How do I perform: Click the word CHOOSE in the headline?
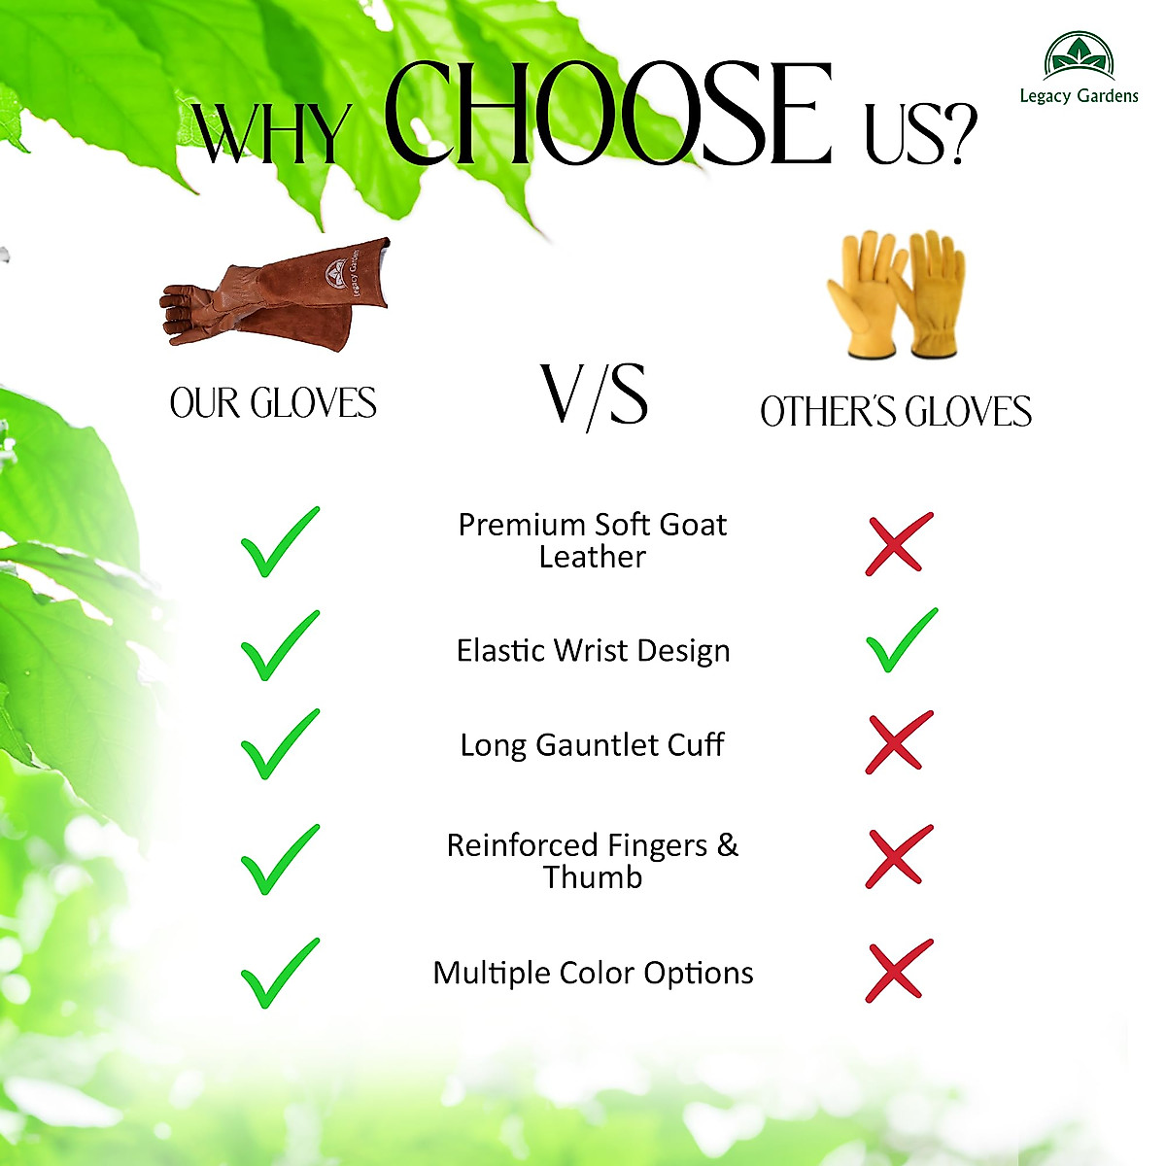pyautogui.click(x=607, y=114)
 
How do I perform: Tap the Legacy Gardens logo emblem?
pyautogui.click(x=1079, y=56)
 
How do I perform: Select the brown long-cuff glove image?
pyautogui.click(x=275, y=294)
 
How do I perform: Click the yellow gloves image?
pyautogui.click(x=896, y=293)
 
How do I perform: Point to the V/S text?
pyautogui.click(x=595, y=396)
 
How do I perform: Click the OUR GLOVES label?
pyautogui.click(x=273, y=403)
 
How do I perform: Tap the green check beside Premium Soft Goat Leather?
pyautogui.click(x=280, y=542)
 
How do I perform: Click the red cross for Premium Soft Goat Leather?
pyautogui.click(x=899, y=544)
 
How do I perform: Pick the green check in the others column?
pyautogui.click(x=902, y=640)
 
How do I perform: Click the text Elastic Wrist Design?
pyautogui.click(x=593, y=651)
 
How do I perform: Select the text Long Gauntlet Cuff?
pyautogui.click(x=593, y=745)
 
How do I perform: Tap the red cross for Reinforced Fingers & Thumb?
pyautogui.click(x=899, y=856)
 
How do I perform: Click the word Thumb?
pyautogui.click(x=593, y=877)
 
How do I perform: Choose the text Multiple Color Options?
pyautogui.click(x=593, y=974)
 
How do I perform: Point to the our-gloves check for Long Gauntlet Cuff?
pyautogui.click(x=280, y=744)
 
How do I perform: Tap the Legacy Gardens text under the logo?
pyautogui.click(x=1079, y=96)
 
